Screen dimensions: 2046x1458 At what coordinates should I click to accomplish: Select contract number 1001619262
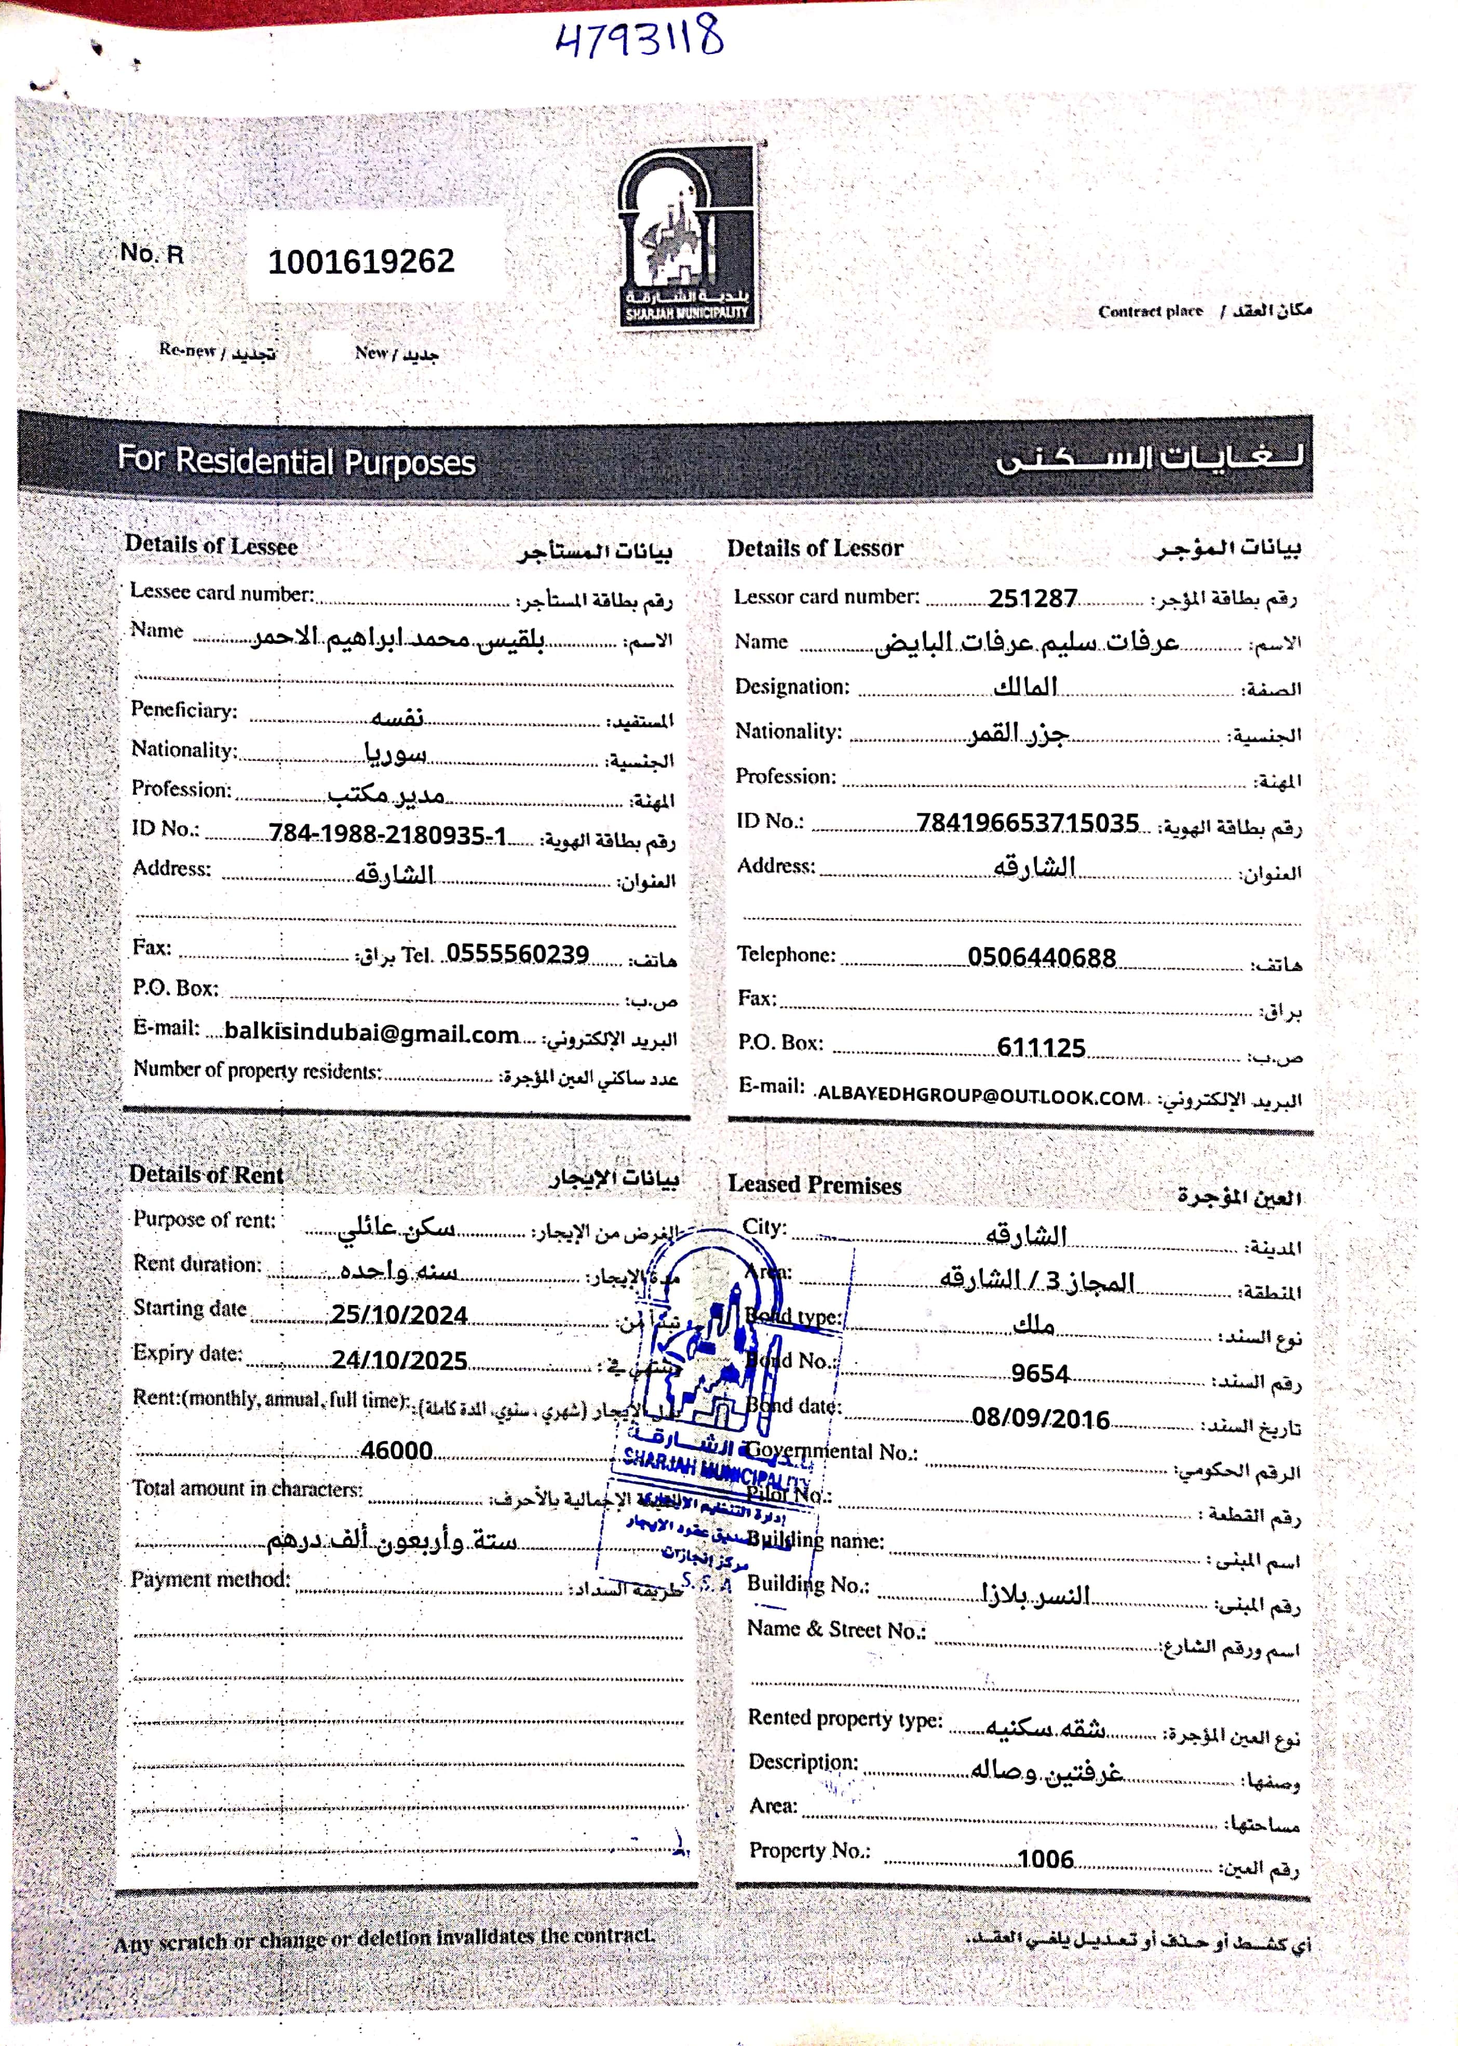[x=361, y=261]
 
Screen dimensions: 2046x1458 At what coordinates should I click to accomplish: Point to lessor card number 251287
[x=1032, y=598]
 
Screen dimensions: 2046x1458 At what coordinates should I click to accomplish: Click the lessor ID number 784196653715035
[x=1027, y=823]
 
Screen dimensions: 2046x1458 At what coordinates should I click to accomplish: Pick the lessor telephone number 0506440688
[x=1042, y=958]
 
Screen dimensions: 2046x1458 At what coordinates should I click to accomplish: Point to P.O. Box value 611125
[x=1041, y=1048]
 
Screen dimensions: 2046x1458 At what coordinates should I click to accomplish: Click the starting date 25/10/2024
[x=399, y=1315]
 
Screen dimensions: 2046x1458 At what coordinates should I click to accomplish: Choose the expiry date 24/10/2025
[x=399, y=1360]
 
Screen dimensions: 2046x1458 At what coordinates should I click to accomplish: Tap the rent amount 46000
[x=397, y=1450]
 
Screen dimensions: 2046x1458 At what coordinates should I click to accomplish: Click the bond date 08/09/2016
[x=1041, y=1419]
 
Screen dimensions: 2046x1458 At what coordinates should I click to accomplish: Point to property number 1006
[x=1045, y=1859]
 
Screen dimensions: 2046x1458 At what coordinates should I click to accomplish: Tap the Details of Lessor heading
[x=814, y=548]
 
